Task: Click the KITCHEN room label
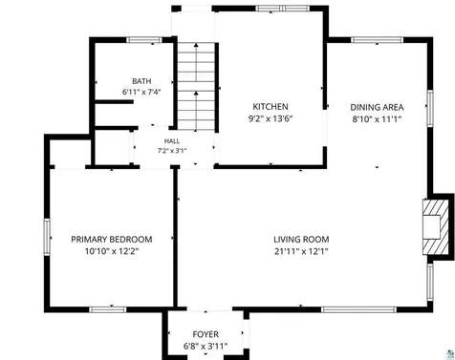click(x=271, y=107)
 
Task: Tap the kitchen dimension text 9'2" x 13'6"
click(x=271, y=118)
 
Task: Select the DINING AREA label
click(x=377, y=107)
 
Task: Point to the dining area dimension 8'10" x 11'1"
click(x=377, y=119)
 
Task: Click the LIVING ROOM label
click(x=301, y=240)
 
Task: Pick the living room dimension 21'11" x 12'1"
click(x=301, y=251)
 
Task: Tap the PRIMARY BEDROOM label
click(x=112, y=240)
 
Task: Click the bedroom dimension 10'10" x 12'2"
click(x=112, y=251)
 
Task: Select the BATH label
click(x=141, y=81)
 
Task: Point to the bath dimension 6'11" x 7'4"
click(x=141, y=92)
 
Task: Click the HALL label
click(x=172, y=141)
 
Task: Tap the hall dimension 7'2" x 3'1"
click(x=172, y=151)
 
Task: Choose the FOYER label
click(x=206, y=334)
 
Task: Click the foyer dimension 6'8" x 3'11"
click(x=206, y=346)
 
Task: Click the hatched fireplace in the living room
click(x=433, y=226)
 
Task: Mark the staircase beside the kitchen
click(x=196, y=86)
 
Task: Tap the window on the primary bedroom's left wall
click(x=47, y=237)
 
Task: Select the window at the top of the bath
click(x=144, y=40)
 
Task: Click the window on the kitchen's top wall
click(x=283, y=9)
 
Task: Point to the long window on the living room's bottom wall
click(x=358, y=309)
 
